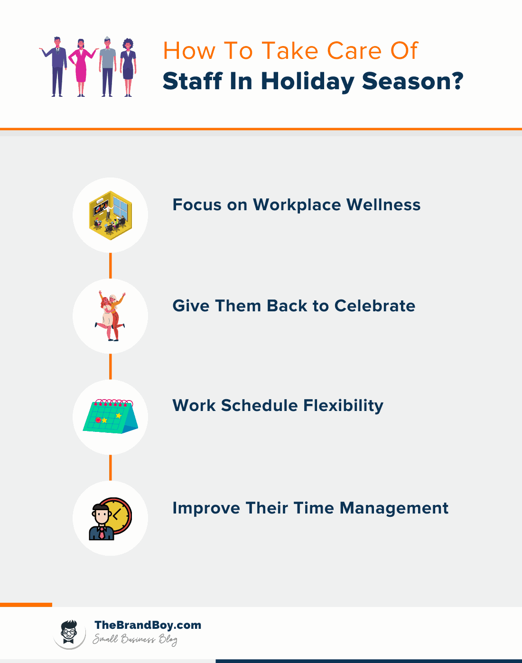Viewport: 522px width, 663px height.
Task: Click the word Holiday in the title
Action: click(307, 81)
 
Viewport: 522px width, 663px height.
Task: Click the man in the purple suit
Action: click(57, 66)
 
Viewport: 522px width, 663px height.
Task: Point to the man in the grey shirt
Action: click(108, 66)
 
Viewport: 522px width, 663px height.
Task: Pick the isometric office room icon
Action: click(111, 215)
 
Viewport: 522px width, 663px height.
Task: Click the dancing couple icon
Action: click(111, 316)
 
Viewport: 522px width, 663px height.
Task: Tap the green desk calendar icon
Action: click(111, 416)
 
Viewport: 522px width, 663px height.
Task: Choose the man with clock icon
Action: click(110, 518)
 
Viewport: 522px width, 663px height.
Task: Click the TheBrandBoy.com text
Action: click(148, 625)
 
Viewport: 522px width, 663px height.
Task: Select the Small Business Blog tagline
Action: click(135, 639)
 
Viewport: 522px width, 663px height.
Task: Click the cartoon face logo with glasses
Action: click(69, 633)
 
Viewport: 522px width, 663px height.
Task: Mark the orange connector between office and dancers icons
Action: click(111, 266)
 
